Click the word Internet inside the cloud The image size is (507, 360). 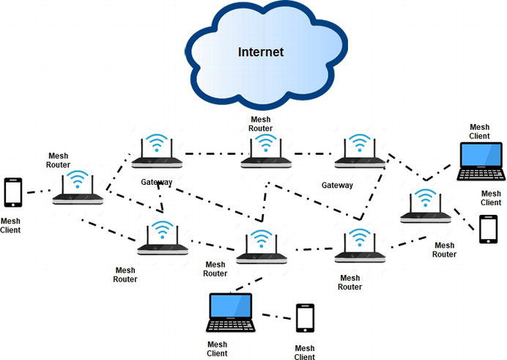click(x=261, y=52)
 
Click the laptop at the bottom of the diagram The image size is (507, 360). click(x=230, y=314)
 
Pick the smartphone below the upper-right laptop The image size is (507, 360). click(x=489, y=229)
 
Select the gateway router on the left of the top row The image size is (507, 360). click(x=155, y=155)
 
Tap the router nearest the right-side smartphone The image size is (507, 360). click(x=425, y=209)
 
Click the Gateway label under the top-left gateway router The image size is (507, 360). click(x=157, y=182)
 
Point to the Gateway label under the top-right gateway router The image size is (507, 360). click(x=337, y=185)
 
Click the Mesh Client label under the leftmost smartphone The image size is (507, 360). click(x=11, y=225)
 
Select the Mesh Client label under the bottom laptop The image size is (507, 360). click(x=217, y=348)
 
